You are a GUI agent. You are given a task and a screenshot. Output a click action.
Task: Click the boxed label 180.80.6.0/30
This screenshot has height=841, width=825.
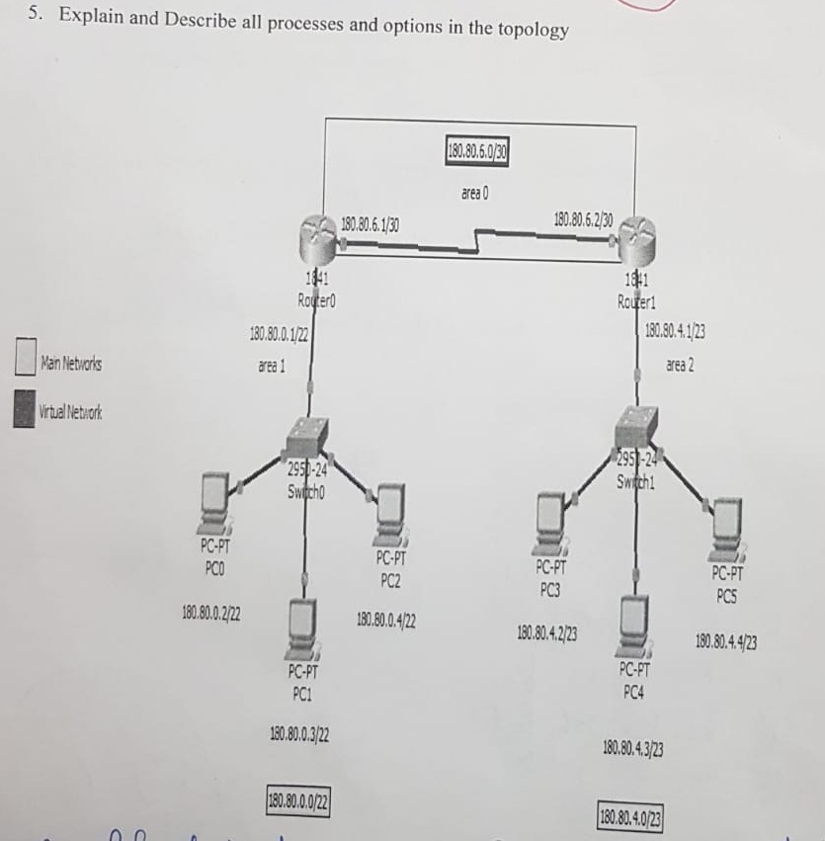[x=478, y=153]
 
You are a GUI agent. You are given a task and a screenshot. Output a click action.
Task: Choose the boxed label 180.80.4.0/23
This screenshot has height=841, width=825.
[x=630, y=816]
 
